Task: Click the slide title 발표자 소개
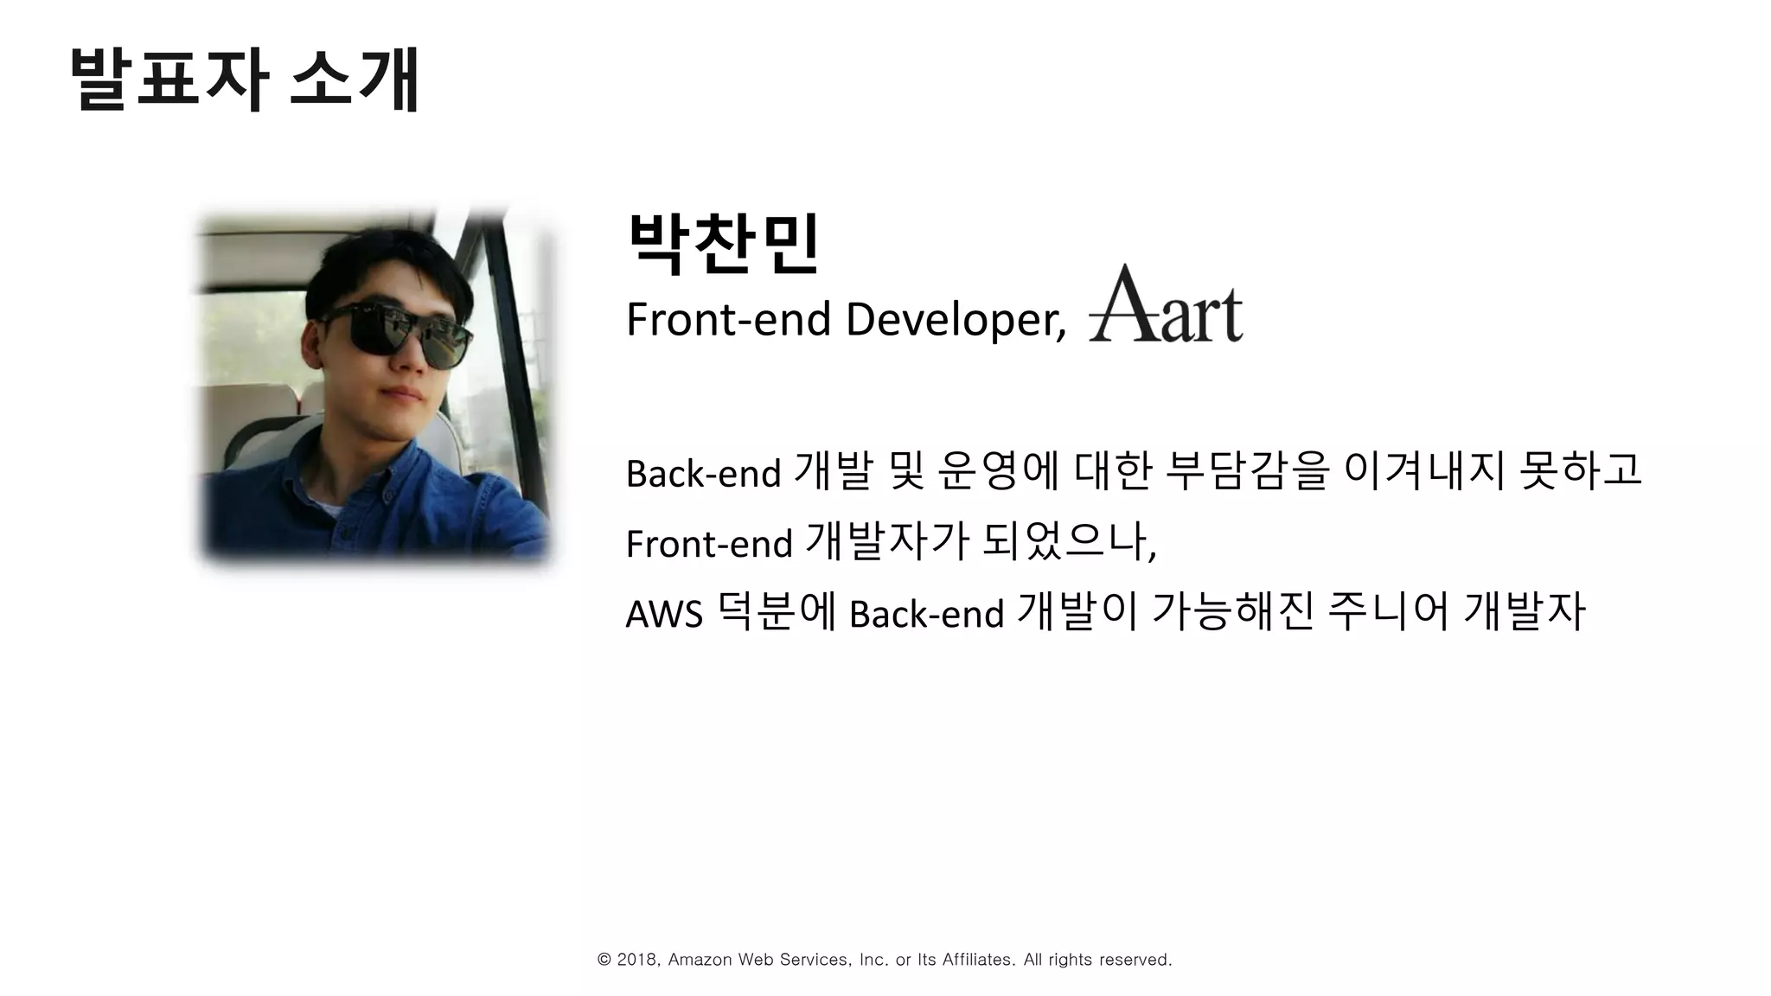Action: pyautogui.click(x=244, y=80)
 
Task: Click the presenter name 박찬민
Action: pyautogui.click(x=723, y=244)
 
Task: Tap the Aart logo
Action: pyautogui.click(x=1165, y=305)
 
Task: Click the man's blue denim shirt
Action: pyautogui.click(x=380, y=501)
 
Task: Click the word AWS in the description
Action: pyautogui.click(x=663, y=615)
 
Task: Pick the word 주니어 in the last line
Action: pyautogui.click(x=1387, y=612)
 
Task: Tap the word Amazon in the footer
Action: pyautogui.click(x=700, y=960)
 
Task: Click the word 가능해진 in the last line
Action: pyautogui.click(x=1232, y=612)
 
